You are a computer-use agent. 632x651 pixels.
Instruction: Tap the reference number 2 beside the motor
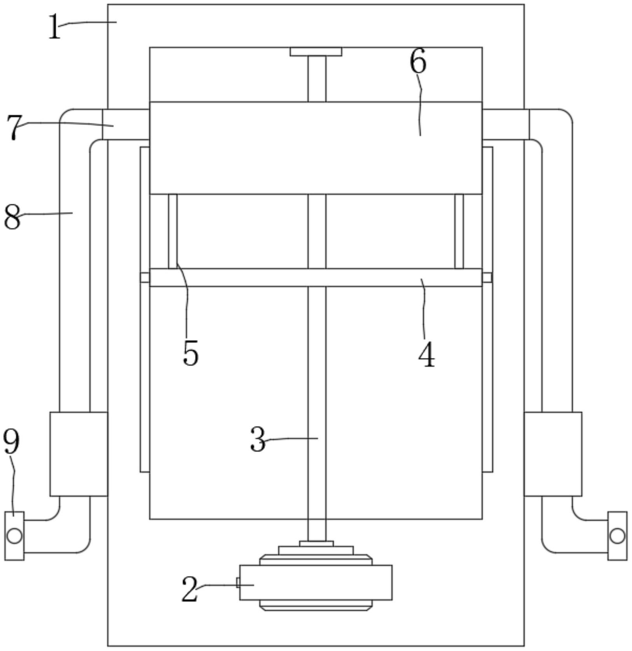point(190,589)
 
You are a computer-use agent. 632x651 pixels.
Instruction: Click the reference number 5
point(190,353)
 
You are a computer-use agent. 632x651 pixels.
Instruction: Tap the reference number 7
point(15,127)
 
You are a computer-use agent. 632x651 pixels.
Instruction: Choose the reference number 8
point(12,217)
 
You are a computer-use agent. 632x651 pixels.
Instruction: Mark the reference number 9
point(11,442)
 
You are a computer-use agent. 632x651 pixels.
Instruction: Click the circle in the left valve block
point(14,536)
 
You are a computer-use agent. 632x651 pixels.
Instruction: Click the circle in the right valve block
point(617,536)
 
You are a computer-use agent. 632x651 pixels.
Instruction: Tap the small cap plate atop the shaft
point(316,52)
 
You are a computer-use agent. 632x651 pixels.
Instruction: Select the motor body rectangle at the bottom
point(316,582)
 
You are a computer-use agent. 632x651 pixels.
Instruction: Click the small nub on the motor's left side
point(238,582)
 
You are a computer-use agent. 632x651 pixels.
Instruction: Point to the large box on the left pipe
point(79,454)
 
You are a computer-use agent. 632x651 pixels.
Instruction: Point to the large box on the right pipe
point(553,454)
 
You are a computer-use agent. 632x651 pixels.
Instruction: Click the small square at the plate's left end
point(145,277)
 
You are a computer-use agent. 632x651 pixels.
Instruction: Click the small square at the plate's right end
point(487,277)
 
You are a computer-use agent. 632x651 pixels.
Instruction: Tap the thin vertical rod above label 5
point(173,231)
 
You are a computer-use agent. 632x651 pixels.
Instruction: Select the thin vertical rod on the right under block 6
point(459,231)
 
